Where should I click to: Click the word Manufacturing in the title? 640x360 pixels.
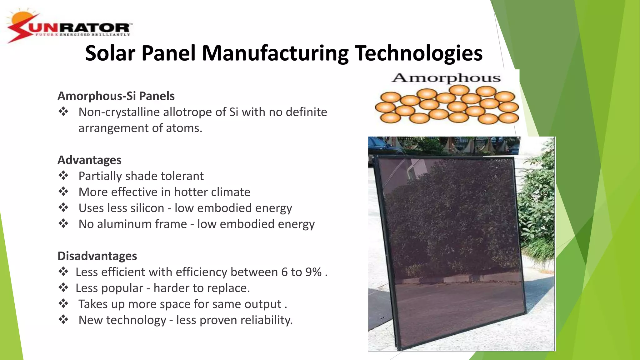[275, 53]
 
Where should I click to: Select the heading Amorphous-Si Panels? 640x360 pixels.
[116, 96]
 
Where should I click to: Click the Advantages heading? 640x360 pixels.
[89, 160]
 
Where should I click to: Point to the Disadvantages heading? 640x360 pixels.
[97, 256]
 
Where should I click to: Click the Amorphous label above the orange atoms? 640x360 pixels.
[446, 78]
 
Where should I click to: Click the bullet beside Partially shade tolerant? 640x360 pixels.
[63, 176]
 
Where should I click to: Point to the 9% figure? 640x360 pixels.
[313, 272]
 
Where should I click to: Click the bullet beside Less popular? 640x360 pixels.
[63, 288]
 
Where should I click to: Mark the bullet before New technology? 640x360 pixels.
[63, 320]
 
